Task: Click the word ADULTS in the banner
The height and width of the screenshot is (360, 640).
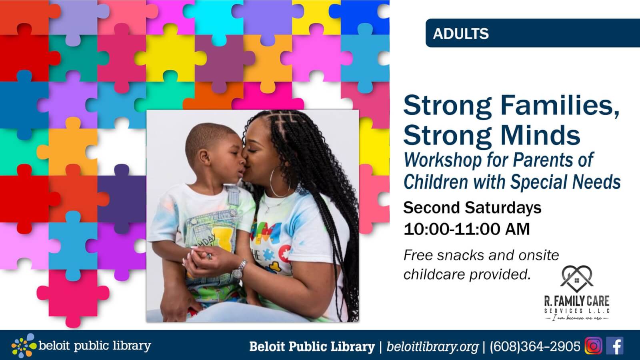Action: click(x=460, y=34)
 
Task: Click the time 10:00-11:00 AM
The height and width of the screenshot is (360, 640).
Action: click(x=466, y=229)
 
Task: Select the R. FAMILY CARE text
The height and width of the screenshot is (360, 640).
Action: click(x=576, y=301)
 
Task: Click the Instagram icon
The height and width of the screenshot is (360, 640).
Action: click(x=594, y=346)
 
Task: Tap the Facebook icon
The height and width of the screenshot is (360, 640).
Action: click(x=615, y=346)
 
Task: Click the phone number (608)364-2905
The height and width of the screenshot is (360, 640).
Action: click(x=535, y=346)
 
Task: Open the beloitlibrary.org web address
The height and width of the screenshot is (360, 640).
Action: click(x=432, y=346)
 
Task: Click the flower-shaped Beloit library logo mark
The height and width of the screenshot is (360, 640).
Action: click(x=24, y=346)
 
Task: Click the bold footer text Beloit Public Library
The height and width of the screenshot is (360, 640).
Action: click(x=312, y=346)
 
